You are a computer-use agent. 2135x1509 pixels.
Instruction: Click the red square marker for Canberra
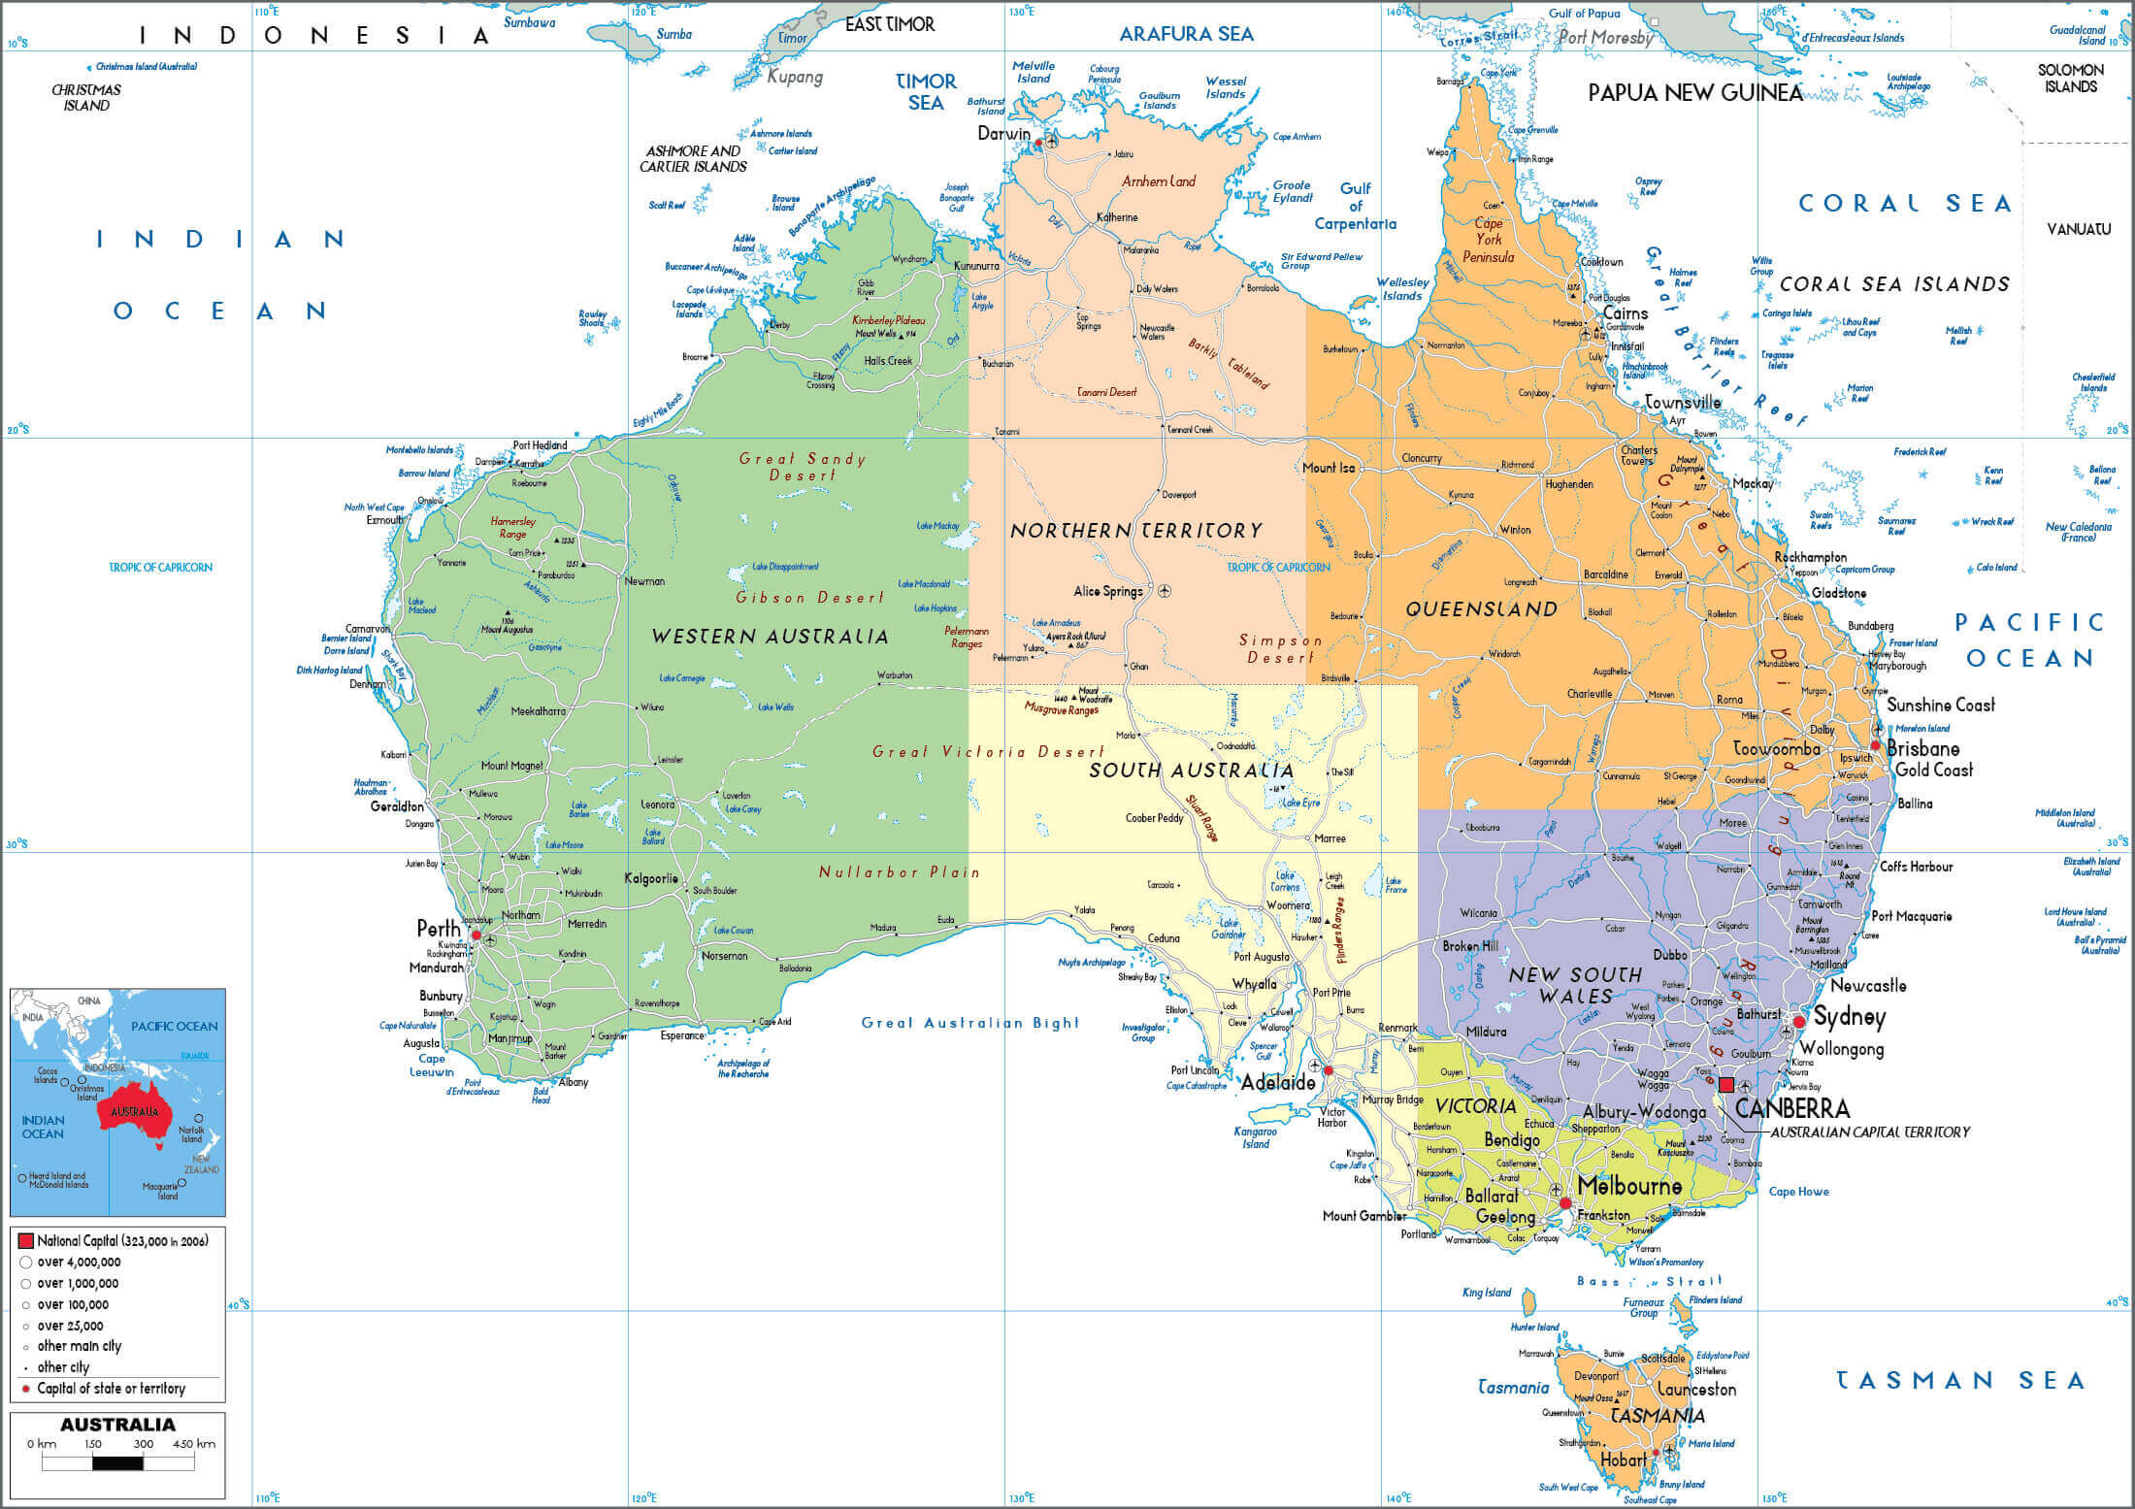pos(1725,1085)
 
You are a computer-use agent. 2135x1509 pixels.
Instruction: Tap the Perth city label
pos(439,929)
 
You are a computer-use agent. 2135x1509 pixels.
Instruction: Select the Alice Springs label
pos(1107,591)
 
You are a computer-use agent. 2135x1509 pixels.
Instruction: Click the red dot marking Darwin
pos(1038,143)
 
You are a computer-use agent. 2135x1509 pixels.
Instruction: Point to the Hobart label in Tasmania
pos(1623,1460)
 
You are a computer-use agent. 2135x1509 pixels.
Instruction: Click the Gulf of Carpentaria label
pos(1356,206)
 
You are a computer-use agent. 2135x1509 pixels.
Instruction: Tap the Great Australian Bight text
pos(970,1023)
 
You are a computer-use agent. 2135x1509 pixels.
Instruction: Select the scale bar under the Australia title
pos(117,1462)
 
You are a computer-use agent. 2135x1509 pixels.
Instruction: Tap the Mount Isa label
pos(1328,468)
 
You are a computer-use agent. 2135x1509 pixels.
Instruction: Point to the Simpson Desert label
pos(1281,649)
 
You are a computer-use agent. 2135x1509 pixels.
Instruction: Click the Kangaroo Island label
pos(1255,1137)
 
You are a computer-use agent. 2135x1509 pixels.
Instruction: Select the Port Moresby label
pos(1605,38)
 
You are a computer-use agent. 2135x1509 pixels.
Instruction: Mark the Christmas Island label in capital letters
pos(86,97)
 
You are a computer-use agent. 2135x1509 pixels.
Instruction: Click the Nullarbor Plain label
pos(899,872)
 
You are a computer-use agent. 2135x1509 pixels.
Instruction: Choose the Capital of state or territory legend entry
pos(110,1389)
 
